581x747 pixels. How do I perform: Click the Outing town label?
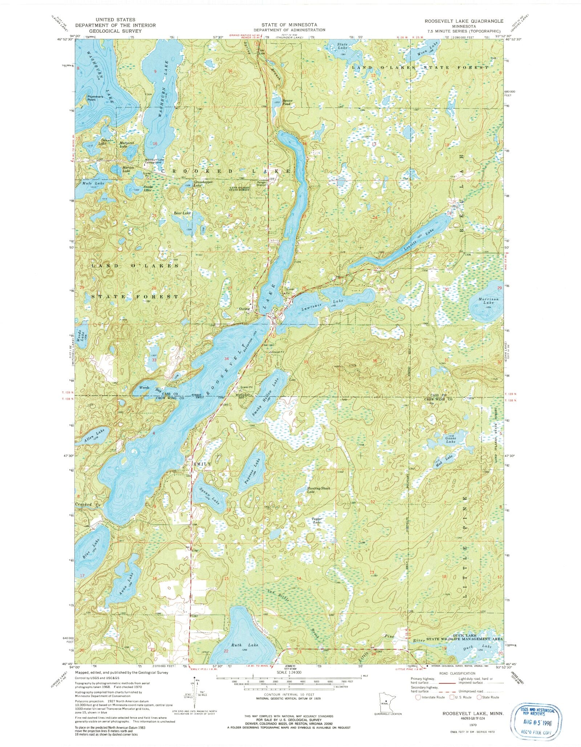point(244,309)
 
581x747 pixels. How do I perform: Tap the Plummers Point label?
point(95,98)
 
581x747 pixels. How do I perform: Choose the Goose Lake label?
point(451,440)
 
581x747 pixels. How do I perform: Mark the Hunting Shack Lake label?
point(318,490)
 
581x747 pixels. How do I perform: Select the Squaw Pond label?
point(287,102)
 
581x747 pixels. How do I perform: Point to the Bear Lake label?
point(182,213)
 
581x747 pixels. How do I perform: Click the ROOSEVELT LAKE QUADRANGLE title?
point(464,21)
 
